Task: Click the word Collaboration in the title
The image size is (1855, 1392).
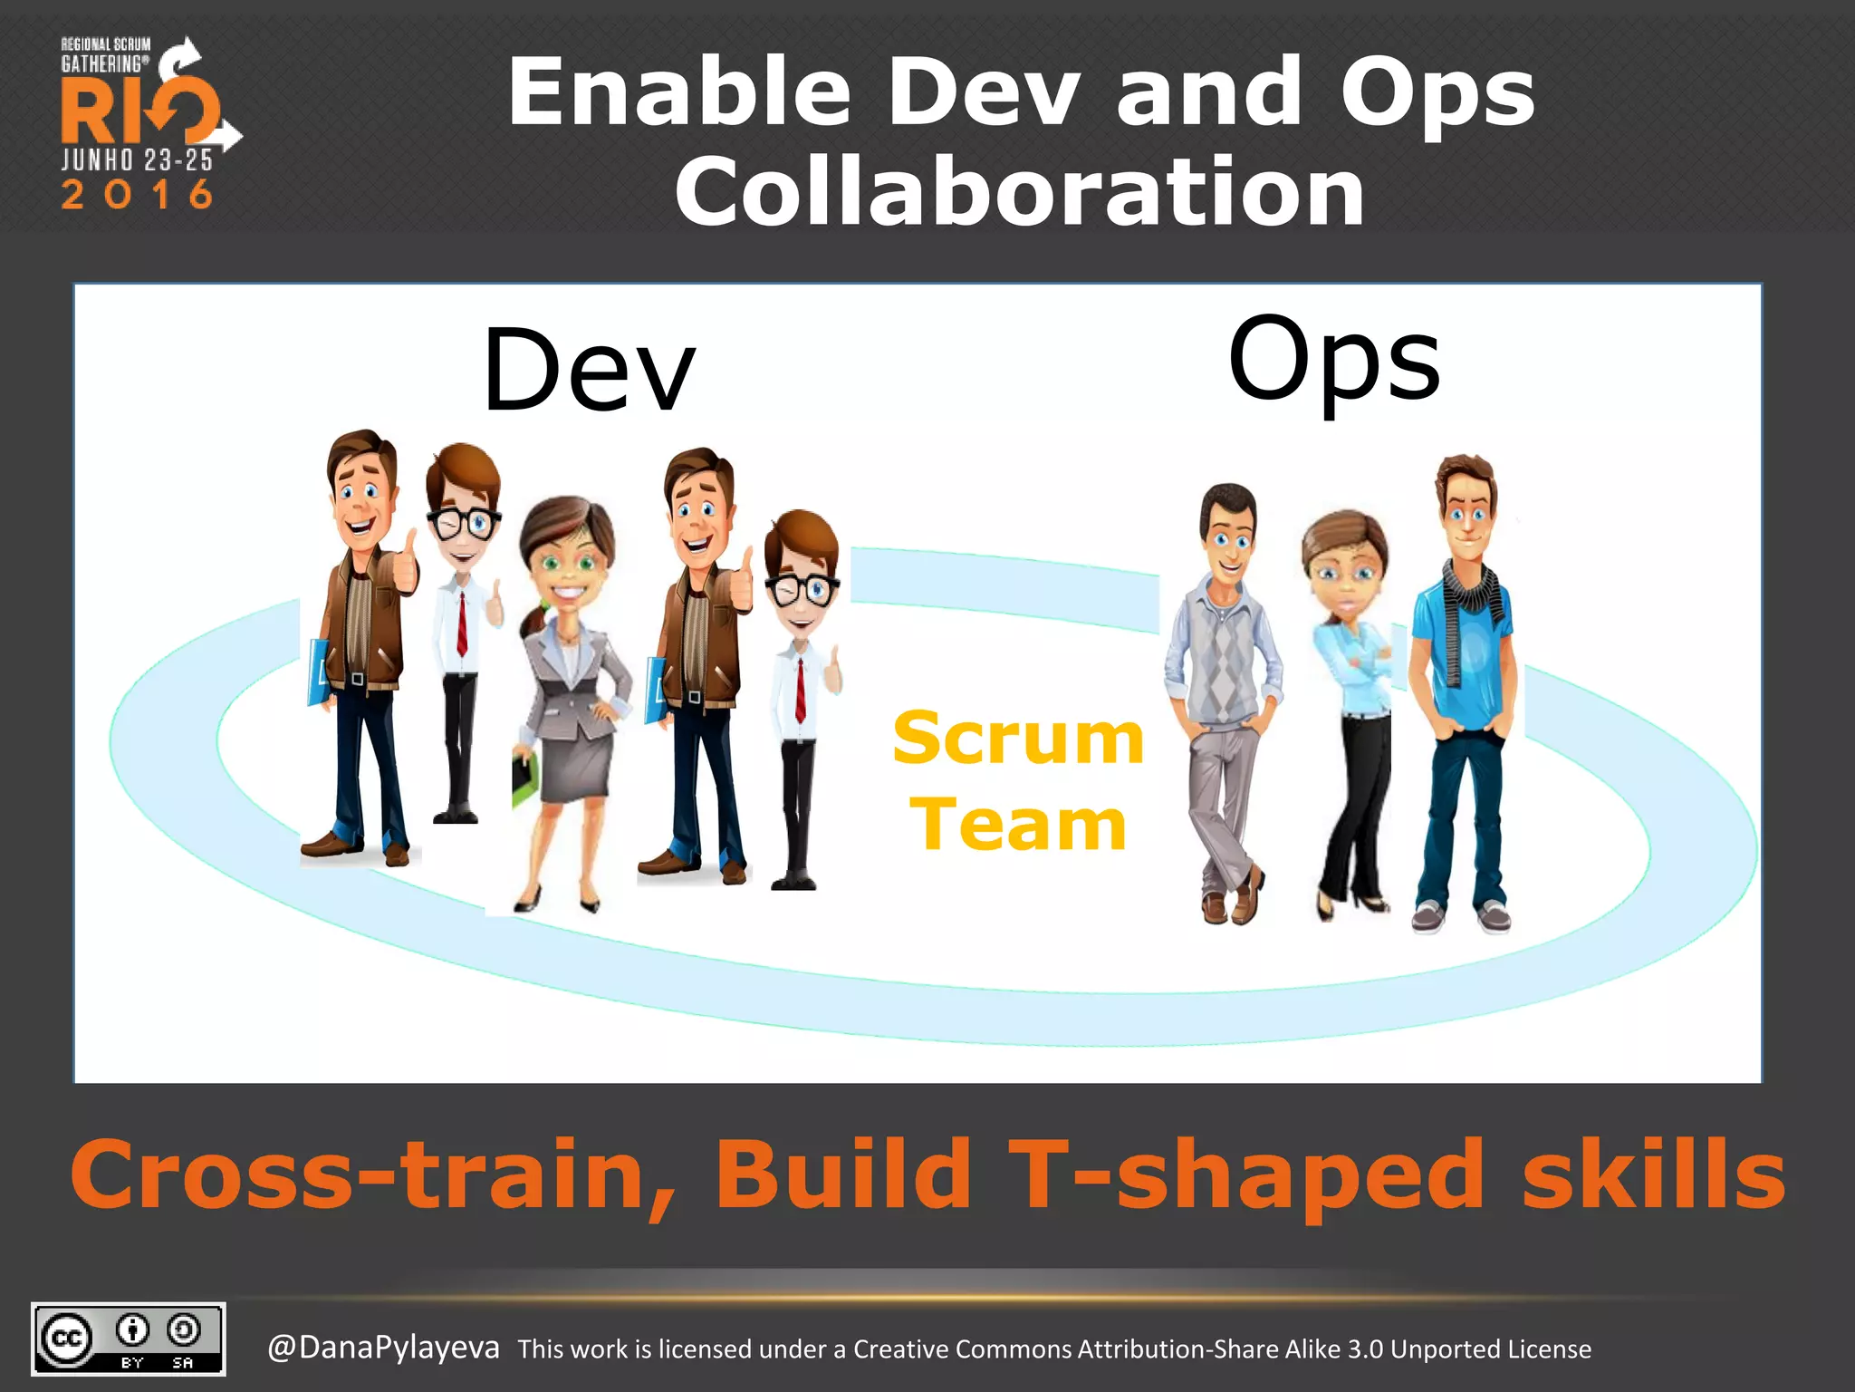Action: coord(1019,192)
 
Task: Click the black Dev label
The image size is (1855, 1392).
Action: coord(590,372)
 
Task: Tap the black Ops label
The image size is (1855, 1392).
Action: coord(1333,360)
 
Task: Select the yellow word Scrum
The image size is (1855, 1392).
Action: coord(1018,739)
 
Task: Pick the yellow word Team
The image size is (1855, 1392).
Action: coord(1018,825)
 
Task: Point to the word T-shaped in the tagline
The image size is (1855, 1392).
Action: coord(1246,1176)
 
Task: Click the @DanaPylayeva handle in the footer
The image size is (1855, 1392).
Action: coord(383,1348)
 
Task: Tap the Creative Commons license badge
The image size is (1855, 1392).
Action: coord(129,1339)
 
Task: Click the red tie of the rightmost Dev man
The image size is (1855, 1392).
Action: coord(801,690)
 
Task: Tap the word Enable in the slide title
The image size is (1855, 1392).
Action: coord(679,92)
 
